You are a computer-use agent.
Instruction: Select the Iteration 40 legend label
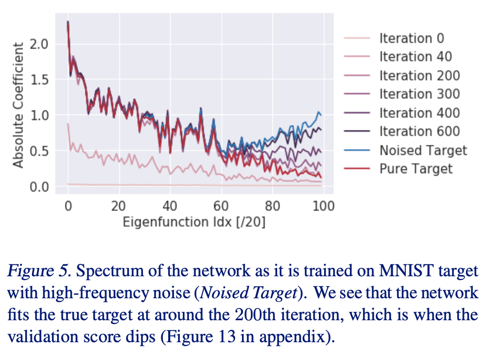[415, 57]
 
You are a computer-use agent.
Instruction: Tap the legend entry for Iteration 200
[419, 75]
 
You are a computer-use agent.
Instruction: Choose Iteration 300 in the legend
[419, 94]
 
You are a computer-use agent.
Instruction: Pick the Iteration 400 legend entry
[419, 113]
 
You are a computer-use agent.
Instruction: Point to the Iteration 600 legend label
[419, 132]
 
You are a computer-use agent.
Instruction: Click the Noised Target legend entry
[423, 151]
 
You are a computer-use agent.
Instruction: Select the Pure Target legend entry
[416, 169]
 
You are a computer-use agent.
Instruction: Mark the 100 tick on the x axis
[323, 206]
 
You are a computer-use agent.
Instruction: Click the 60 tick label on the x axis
[222, 206]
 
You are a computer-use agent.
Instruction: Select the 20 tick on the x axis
[119, 206]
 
